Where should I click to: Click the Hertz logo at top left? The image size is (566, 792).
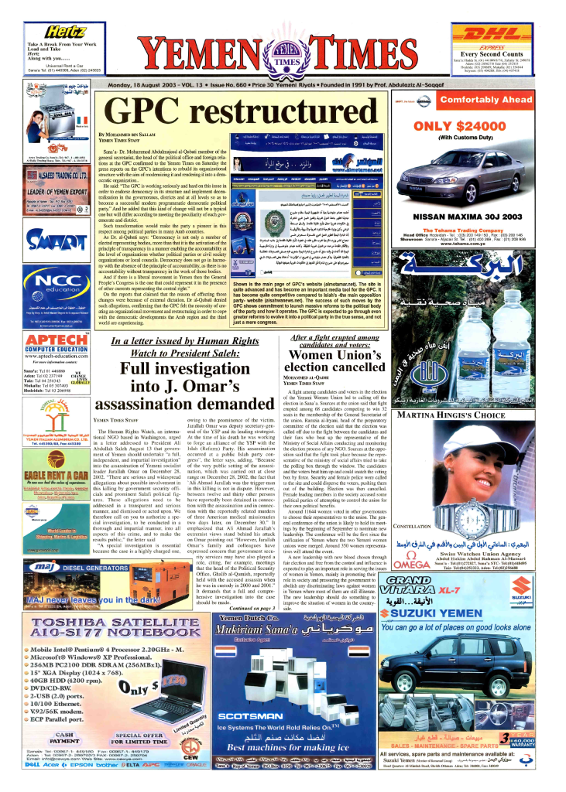pos(50,30)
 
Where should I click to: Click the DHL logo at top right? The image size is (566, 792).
pos(504,29)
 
